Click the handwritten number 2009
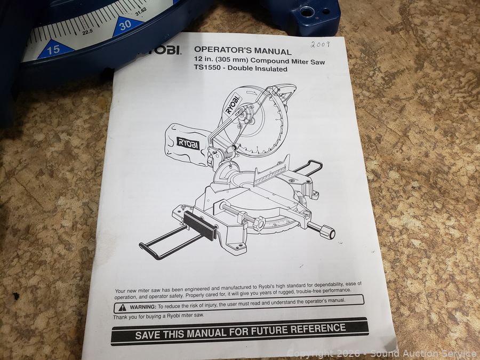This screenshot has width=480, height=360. click(320, 45)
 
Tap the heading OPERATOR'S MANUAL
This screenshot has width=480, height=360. click(243, 50)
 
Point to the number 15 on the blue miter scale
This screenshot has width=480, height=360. click(53, 49)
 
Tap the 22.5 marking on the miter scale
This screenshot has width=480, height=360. click(87, 31)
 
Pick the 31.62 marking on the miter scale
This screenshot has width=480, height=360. click(141, 12)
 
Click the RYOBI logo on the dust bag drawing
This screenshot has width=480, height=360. click(188, 143)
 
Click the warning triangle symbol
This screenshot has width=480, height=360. click(123, 307)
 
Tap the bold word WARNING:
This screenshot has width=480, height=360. click(143, 307)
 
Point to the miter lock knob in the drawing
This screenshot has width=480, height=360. click(327, 232)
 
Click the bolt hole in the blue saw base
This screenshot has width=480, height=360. click(305, 12)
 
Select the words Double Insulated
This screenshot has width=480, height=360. click(258, 69)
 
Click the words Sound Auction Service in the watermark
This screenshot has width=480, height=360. click(424, 354)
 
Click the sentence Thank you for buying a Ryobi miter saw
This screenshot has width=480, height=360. click(158, 316)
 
